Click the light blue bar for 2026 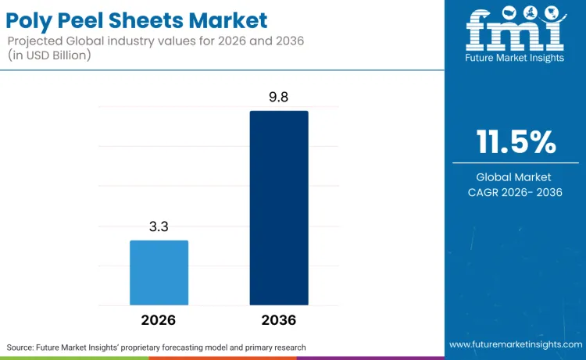[x=159, y=273]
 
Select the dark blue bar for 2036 [x=279, y=208]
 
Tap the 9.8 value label [x=279, y=98]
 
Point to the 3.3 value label [x=159, y=226]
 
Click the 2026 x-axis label [x=159, y=320]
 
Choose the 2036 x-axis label [x=279, y=320]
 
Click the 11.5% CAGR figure [x=516, y=143]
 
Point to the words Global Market [x=516, y=177]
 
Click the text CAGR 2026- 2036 [x=516, y=192]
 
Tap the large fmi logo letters [x=515, y=36]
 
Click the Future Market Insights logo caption [x=515, y=59]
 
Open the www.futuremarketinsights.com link [x=515, y=344]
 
